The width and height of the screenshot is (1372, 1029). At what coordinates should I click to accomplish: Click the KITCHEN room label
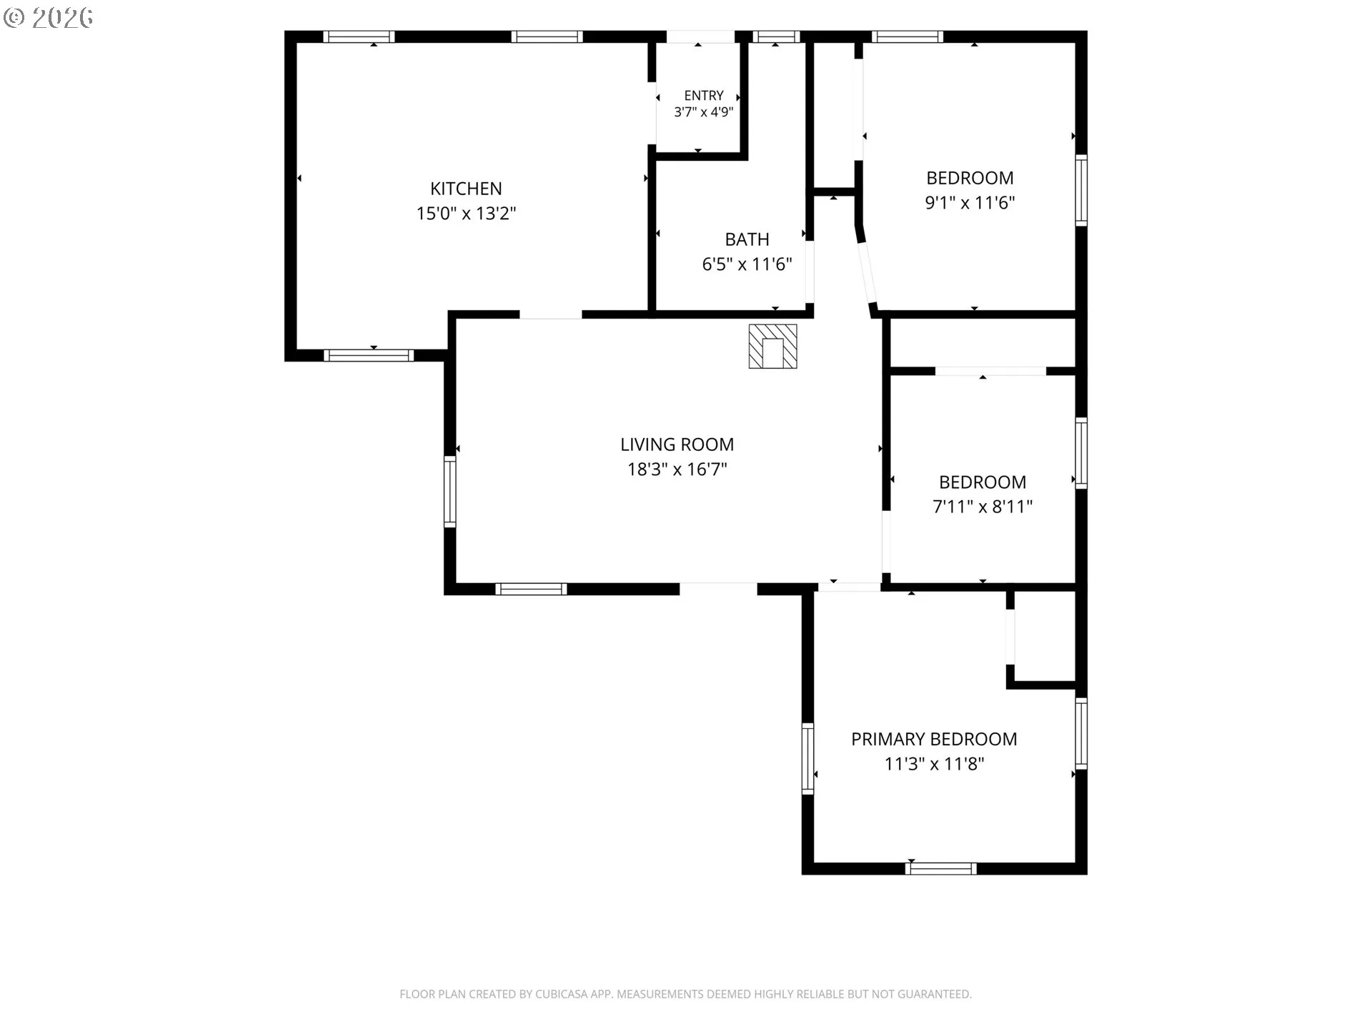466,189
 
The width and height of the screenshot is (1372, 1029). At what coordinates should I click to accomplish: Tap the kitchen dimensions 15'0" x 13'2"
466,213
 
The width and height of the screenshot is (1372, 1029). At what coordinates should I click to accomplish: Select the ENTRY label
704,96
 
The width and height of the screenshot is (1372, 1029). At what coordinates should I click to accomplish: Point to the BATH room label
747,239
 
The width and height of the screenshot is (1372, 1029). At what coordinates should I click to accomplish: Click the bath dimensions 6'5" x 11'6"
747,264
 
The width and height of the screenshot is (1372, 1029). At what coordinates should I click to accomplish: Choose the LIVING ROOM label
677,444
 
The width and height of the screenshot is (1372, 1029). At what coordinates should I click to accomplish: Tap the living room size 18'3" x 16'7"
677,469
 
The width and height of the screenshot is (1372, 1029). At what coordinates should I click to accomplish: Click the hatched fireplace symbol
772,347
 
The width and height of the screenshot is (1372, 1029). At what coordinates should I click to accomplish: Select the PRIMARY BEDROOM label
934,739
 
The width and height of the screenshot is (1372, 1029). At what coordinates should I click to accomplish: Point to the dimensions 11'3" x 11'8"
934,764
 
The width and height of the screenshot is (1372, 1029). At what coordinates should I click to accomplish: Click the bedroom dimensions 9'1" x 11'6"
970,203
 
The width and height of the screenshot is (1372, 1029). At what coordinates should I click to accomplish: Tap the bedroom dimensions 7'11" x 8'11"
983,507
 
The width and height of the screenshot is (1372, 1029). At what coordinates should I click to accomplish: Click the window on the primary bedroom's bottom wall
940,869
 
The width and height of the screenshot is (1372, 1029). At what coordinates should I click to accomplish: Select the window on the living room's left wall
449,492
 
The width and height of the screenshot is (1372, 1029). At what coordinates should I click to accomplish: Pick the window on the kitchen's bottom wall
369,355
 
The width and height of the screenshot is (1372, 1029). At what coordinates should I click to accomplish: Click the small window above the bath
776,36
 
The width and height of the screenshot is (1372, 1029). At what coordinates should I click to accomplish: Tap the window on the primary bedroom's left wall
807,758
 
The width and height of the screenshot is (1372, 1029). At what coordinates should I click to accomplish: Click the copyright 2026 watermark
49,18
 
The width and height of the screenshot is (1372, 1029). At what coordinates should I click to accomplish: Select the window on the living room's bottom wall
531,589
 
